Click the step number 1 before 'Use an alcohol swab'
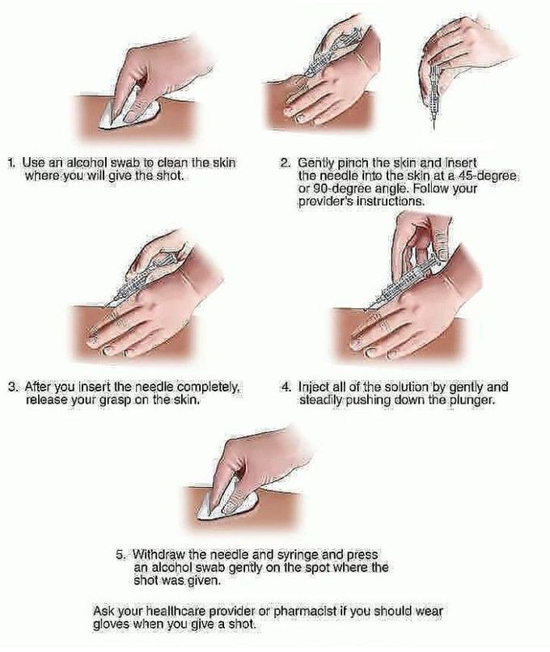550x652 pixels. pos(12,163)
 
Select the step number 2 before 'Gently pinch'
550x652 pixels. pos(285,163)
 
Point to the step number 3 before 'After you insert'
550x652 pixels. pos(12,387)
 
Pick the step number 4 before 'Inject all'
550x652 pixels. pos(286,387)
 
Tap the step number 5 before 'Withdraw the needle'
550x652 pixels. pos(121,555)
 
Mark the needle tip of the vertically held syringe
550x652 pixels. pos(434,128)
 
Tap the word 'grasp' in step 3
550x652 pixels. pos(115,401)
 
